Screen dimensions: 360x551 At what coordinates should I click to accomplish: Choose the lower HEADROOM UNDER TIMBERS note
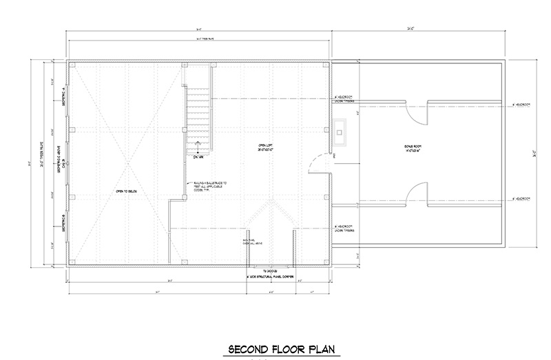point(344,229)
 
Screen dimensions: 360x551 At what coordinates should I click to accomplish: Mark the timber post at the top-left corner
point(72,65)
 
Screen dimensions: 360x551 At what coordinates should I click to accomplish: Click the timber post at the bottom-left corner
point(72,262)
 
